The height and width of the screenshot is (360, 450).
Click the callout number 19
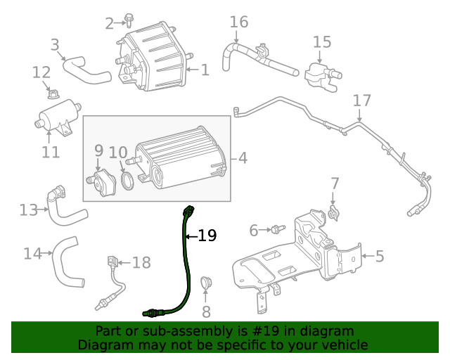click(207, 236)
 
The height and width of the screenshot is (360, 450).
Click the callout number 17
click(361, 100)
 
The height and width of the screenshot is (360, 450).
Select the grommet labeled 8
click(206, 284)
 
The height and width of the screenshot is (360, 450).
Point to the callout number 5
click(380, 256)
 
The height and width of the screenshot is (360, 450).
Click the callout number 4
click(243, 157)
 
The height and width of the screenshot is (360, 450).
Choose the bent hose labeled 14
click(67, 264)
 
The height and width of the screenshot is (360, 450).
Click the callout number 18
click(141, 262)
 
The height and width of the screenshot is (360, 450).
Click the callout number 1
click(205, 70)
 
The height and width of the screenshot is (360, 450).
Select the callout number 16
click(239, 22)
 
